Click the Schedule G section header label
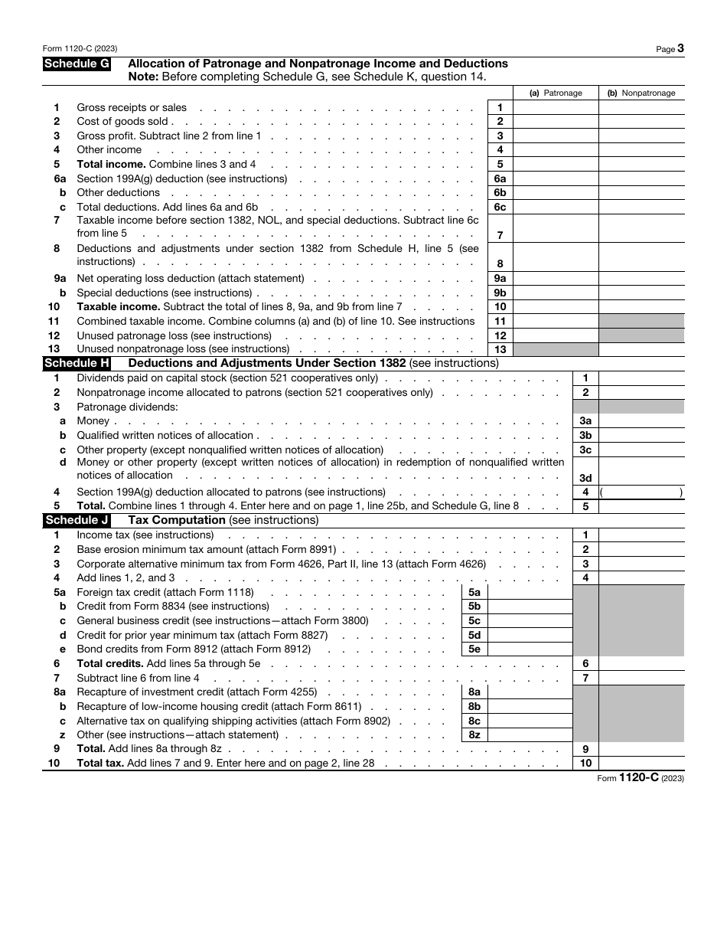tap(77, 64)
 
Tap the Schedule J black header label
tap(77, 520)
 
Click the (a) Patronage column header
tap(556, 93)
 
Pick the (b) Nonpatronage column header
tap(641, 93)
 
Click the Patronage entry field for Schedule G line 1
tap(556, 108)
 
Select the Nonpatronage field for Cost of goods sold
tap(641, 122)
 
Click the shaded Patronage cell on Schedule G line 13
tap(556, 349)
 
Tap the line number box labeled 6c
tap(500, 207)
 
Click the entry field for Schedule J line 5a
tap(530, 592)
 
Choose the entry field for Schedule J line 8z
tap(530, 735)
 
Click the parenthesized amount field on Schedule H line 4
tap(641, 492)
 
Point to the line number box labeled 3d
tap(585, 478)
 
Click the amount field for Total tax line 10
tap(641, 764)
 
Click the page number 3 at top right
tap(680, 48)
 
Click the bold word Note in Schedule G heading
tap(142, 77)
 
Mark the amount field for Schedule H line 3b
tap(641, 435)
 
